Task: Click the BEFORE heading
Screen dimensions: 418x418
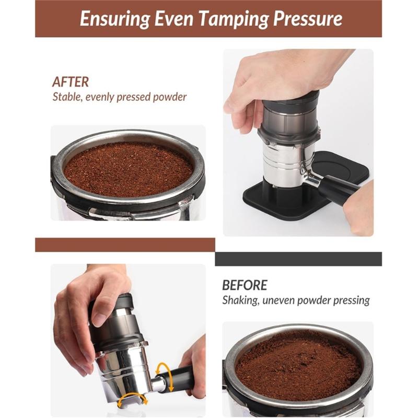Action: pyautogui.click(x=245, y=285)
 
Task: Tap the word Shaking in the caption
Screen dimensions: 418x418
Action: pyautogui.click(x=240, y=300)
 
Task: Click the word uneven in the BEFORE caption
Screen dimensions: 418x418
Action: pyautogui.click(x=284, y=300)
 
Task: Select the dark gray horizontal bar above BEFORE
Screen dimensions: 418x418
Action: pyautogui.click(x=298, y=259)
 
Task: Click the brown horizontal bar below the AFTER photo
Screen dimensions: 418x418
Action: pyautogui.click(x=125, y=245)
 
